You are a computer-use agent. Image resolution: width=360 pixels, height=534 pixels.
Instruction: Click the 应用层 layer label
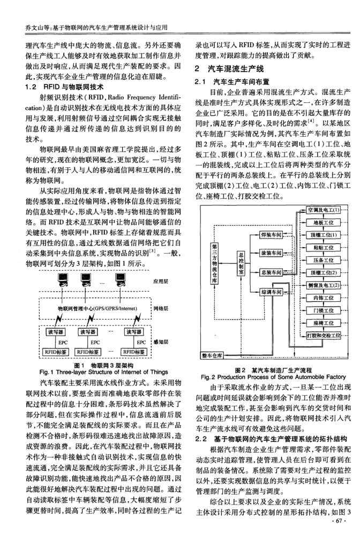(161, 280)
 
